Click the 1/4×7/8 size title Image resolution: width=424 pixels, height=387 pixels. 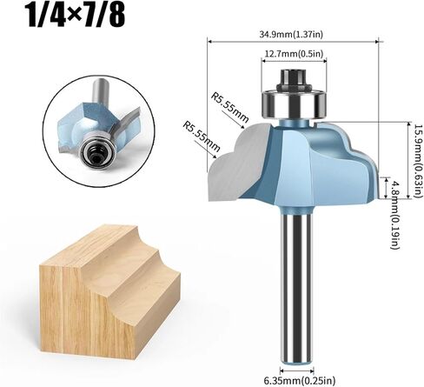(76, 16)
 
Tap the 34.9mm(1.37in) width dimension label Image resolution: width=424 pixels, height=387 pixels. (291, 35)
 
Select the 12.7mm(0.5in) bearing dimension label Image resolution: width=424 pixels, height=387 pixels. (294, 53)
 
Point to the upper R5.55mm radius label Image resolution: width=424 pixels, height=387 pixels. (229, 107)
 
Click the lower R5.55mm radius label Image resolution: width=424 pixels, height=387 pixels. (202, 137)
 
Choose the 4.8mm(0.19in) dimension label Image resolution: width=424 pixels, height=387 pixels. (394, 215)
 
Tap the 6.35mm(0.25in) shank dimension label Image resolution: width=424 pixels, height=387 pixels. (300, 379)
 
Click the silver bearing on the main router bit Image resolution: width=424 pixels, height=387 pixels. (294, 103)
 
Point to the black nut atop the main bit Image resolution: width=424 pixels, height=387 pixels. (294, 79)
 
